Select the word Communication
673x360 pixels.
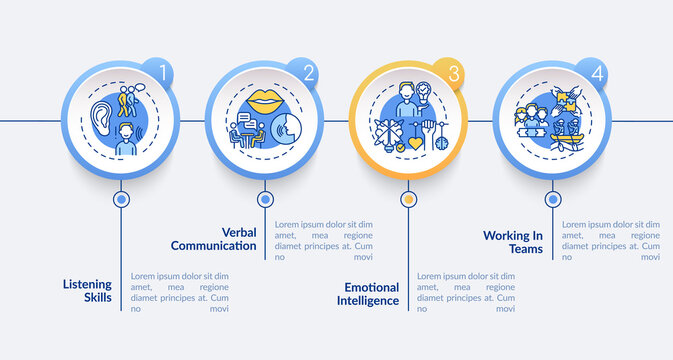pos(213,245)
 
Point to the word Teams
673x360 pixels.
pos(524,250)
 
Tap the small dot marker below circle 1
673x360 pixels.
pos(122,199)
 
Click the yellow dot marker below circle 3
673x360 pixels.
pos(408,199)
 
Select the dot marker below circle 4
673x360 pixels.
pos(552,199)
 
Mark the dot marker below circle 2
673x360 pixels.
pos(265,199)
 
